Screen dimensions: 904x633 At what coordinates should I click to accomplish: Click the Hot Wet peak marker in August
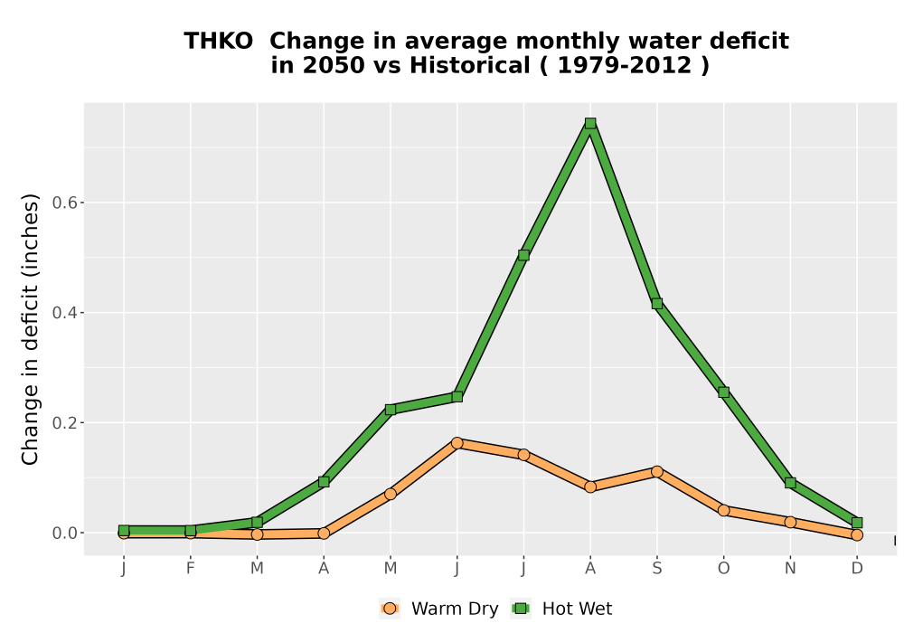589,123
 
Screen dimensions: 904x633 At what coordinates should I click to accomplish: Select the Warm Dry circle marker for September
656,471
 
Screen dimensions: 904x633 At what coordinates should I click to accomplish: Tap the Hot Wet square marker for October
723,392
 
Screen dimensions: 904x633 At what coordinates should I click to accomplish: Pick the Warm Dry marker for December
857,535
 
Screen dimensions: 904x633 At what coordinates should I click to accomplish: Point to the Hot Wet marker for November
790,483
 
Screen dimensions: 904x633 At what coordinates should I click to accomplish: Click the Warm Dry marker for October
723,510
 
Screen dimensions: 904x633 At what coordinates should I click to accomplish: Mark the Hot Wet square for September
656,303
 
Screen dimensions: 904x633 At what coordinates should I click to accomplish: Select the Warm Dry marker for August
589,487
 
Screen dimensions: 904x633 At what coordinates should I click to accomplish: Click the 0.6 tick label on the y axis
64,203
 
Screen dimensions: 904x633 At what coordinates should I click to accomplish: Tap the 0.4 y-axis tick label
64,313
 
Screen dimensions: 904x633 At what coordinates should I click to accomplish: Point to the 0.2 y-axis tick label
64,422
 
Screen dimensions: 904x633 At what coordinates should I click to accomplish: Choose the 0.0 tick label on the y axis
64,534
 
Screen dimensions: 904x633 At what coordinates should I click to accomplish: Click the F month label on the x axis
190,569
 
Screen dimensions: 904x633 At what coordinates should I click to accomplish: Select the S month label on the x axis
656,569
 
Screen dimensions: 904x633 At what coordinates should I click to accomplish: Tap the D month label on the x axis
857,569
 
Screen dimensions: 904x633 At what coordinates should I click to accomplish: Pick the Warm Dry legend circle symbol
390,609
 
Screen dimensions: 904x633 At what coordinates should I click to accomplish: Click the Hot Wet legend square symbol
522,609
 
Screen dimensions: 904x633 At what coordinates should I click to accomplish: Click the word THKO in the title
218,42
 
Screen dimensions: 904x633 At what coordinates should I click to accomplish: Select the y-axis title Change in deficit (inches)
30,329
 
